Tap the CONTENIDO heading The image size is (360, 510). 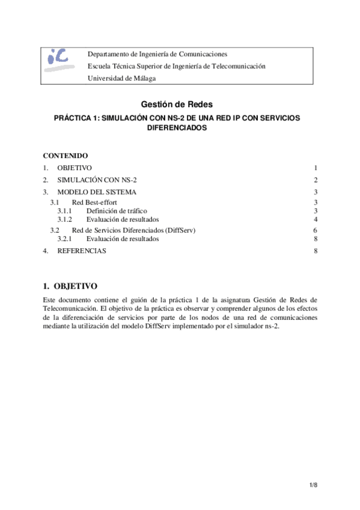[66, 155]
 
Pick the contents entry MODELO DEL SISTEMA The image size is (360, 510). [97, 192]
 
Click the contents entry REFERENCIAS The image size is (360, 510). [82, 251]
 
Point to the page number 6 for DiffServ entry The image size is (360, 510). [315, 230]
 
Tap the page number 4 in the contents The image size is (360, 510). [315, 220]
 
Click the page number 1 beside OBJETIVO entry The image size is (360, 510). [315, 167]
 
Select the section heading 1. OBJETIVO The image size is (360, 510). [70, 286]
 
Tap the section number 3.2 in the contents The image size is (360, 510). [55, 230]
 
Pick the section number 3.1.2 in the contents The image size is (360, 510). [64, 220]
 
